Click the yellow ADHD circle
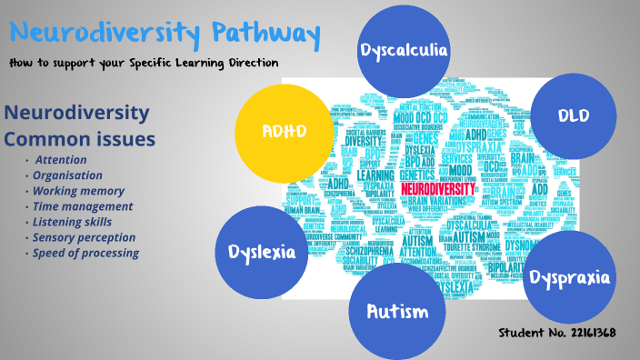click(x=283, y=129)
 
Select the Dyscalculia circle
click(x=404, y=49)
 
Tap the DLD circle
click(x=574, y=116)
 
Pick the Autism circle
click(x=396, y=312)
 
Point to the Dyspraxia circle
click(x=569, y=276)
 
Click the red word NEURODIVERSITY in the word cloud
click(x=438, y=188)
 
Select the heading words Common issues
click(x=80, y=139)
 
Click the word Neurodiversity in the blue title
click(x=106, y=35)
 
